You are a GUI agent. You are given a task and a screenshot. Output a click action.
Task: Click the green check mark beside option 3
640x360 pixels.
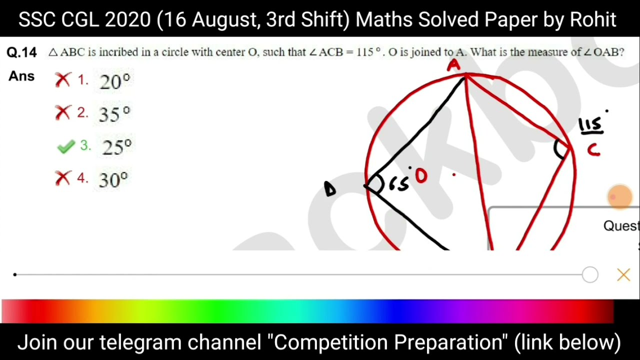point(66,146)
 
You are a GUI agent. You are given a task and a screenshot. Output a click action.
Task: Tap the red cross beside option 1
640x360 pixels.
point(63,80)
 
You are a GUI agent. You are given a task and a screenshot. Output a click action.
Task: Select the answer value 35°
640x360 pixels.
point(114,114)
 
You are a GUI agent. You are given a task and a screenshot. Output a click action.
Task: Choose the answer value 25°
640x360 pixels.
point(117,147)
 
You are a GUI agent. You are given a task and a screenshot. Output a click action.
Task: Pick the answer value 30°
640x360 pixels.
point(113,179)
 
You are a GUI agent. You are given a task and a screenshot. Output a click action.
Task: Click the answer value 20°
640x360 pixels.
point(115,81)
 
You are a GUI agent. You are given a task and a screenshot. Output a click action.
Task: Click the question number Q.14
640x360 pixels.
point(22,52)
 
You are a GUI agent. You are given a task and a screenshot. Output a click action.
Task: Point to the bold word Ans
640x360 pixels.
point(21,76)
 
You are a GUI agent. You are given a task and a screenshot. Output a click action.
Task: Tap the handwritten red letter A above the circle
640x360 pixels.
point(453,65)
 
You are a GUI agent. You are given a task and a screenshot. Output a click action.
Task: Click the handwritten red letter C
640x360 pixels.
point(593,149)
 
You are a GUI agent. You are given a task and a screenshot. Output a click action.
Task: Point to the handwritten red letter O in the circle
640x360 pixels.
point(421,176)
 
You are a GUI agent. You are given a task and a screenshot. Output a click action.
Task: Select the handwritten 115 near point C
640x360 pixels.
point(591,125)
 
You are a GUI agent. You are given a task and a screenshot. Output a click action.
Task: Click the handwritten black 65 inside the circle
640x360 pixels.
point(398,184)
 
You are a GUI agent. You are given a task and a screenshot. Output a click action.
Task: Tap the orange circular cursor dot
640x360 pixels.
point(620,196)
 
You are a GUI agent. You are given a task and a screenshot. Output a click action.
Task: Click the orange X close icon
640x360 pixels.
point(623,275)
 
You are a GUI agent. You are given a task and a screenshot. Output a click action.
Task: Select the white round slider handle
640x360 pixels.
point(590,275)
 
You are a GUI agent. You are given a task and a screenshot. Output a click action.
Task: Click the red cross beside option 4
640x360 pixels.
point(63,178)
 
